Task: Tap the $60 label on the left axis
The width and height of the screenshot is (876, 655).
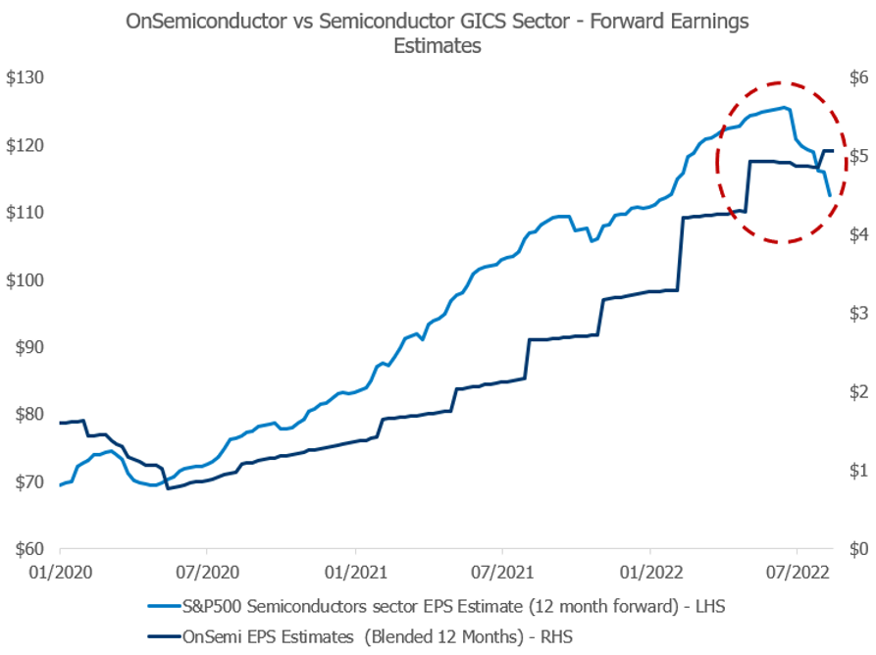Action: (29, 549)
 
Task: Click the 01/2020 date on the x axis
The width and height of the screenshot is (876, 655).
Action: (60, 568)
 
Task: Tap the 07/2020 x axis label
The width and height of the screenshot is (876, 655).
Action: (207, 568)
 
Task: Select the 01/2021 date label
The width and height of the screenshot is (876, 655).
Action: (354, 568)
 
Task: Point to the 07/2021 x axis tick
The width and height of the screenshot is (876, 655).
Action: (501, 568)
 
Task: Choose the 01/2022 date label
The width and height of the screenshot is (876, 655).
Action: (649, 568)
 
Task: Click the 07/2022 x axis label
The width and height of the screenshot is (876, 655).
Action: (796, 568)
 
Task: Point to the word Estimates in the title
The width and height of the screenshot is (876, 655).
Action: (438, 46)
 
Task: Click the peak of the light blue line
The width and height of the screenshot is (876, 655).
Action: (785, 107)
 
